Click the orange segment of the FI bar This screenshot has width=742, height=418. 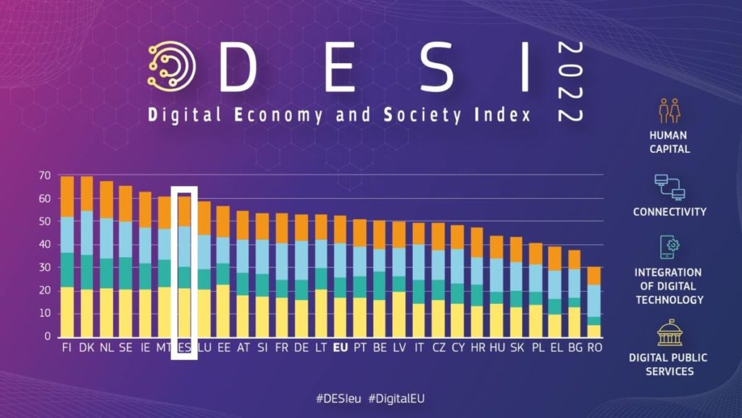(67, 196)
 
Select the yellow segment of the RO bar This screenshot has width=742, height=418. (593, 330)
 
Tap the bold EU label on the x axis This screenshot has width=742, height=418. (338, 348)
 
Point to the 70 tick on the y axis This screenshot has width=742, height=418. (45, 176)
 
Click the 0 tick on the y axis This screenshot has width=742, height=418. (48, 337)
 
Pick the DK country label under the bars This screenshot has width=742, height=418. (86, 348)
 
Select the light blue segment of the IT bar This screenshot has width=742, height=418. (418, 262)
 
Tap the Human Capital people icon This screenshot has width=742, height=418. (669, 110)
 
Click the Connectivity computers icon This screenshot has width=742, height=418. (669, 187)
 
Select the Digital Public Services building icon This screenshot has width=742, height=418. (669, 333)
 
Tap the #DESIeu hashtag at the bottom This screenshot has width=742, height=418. (339, 398)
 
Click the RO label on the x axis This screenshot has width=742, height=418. (594, 348)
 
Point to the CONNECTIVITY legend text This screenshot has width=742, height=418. (669, 212)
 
